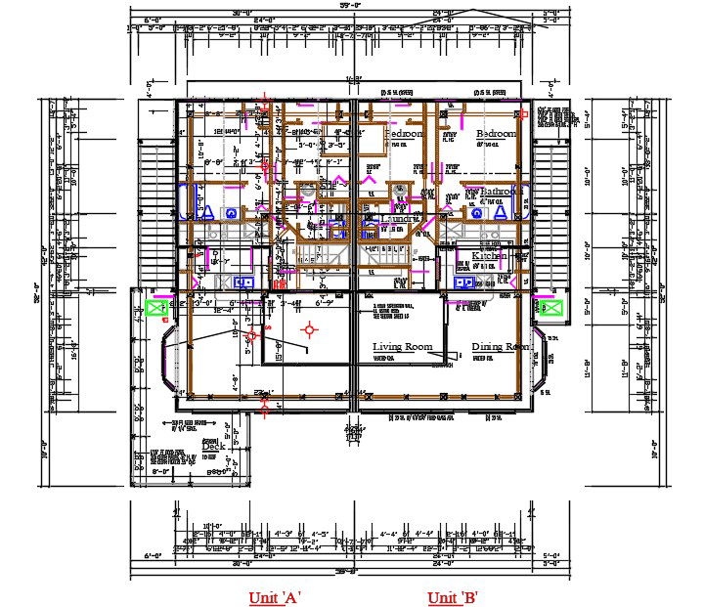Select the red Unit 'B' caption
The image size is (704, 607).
click(452, 597)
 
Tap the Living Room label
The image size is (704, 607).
click(402, 347)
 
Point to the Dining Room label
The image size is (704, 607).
click(500, 347)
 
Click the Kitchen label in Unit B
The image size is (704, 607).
click(489, 256)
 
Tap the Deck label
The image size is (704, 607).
click(213, 447)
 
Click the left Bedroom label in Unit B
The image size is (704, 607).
click(403, 133)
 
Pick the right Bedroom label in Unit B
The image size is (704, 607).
click(496, 133)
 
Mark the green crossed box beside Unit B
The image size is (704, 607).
click(550, 308)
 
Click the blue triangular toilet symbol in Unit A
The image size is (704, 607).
click(208, 210)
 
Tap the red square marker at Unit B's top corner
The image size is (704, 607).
click(523, 114)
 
